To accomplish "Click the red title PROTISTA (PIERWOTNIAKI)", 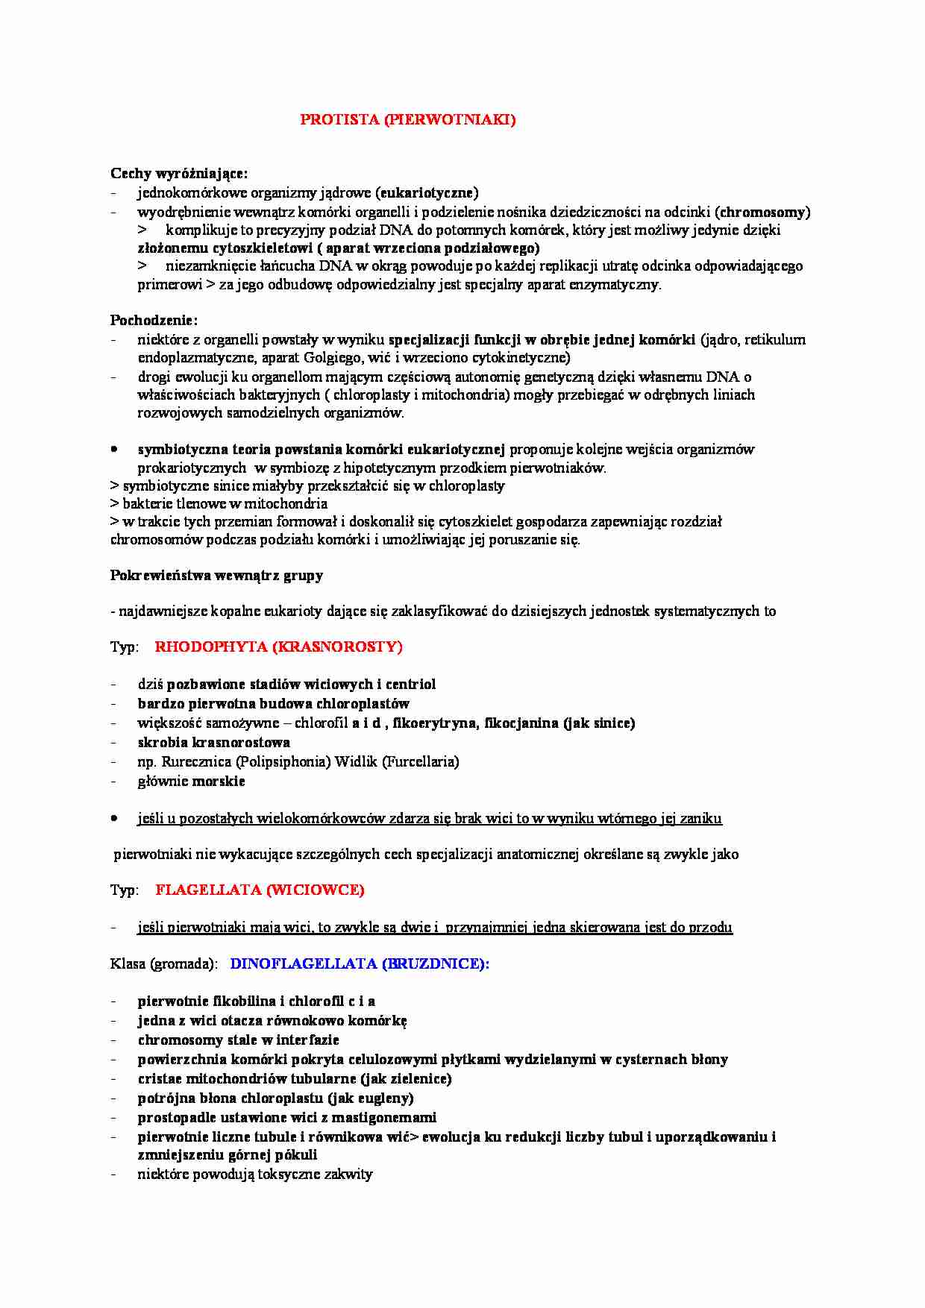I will click(407, 119).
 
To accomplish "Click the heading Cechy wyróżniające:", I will click(179, 174).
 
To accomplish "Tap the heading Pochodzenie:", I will click(154, 321).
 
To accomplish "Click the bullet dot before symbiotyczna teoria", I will click(114, 450).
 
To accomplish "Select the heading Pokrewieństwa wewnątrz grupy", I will click(216, 575).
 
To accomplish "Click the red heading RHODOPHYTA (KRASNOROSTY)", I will click(278, 647).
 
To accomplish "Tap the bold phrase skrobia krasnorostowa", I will click(214, 742).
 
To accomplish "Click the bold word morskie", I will click(219, 781).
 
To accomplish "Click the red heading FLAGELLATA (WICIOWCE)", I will click(260, 890).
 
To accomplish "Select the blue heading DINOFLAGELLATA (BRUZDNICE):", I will click(360, 963).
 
